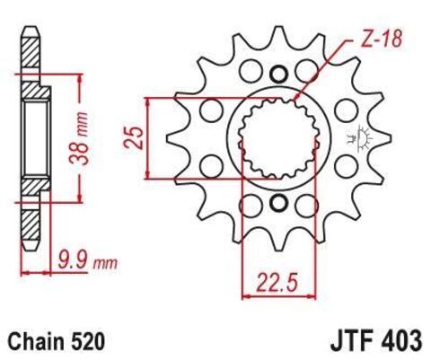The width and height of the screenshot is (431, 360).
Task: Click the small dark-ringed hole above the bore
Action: pyautogui.click(x=277, y=74)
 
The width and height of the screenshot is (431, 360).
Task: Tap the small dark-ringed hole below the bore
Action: pyautogui.click(x=277, y=201)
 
